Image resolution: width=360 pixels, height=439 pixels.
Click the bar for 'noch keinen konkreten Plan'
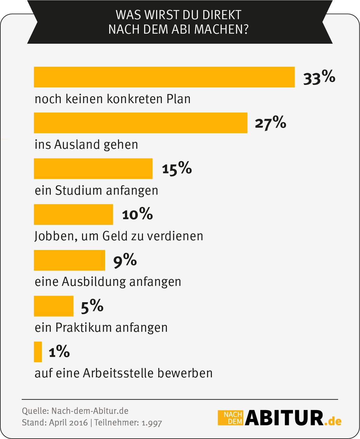164,77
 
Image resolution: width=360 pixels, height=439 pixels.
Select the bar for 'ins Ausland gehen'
140,123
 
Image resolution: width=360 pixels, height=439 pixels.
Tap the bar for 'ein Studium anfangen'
93,169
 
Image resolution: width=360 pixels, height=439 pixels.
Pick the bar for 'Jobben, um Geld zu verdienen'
73,214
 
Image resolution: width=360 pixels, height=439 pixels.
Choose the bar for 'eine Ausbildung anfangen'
69,260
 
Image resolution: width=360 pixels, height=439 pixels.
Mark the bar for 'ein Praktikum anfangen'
53,306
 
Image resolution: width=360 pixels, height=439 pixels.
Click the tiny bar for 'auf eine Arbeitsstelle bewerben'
38,352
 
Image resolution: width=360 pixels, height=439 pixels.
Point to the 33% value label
319,78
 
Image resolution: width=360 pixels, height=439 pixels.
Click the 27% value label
270,123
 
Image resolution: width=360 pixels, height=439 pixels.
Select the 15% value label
177,169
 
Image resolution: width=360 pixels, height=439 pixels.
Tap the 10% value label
137,214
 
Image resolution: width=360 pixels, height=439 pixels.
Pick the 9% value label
125,261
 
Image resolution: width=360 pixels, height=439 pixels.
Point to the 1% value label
59,352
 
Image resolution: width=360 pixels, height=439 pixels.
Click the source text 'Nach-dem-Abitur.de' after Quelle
90,411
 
